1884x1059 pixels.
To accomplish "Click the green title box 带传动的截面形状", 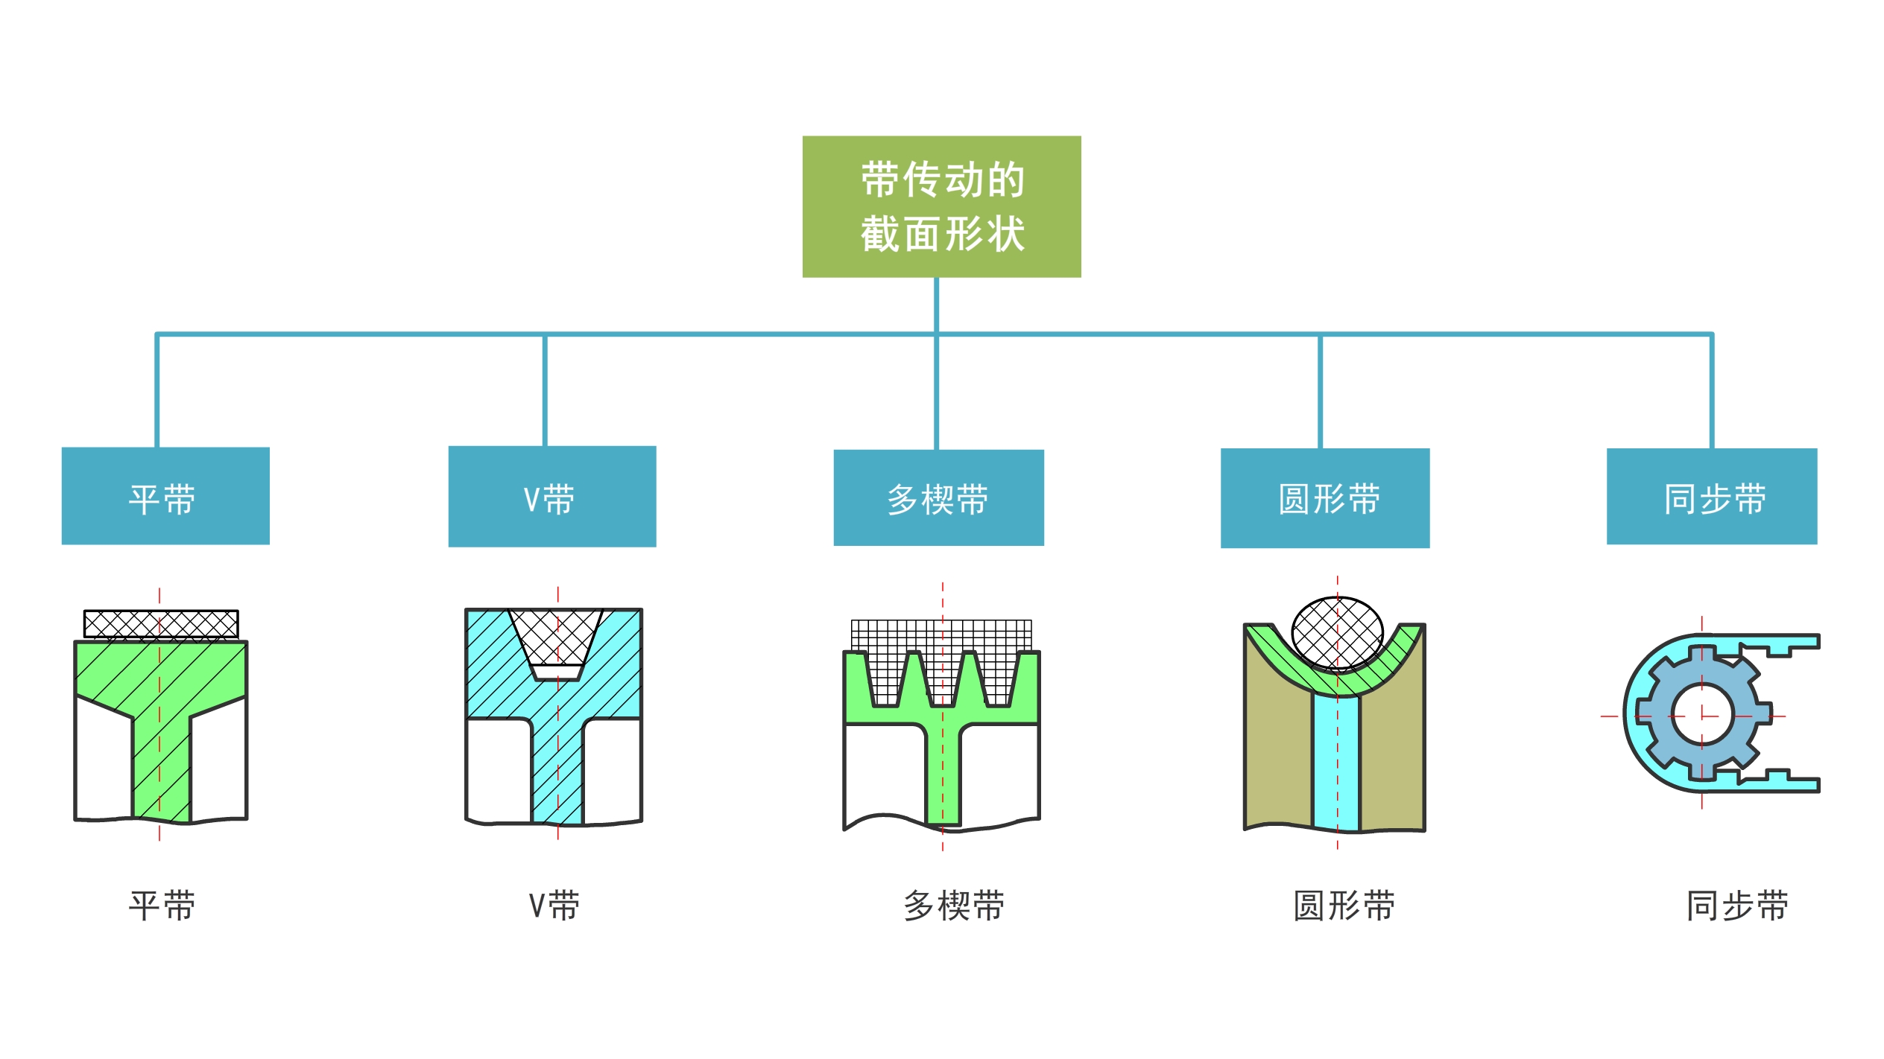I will pos(941,206).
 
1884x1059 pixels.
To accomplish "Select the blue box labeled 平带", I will pos(165,496).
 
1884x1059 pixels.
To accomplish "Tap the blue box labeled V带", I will pos(552,497).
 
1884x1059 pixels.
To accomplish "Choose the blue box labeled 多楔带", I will pos(938,497).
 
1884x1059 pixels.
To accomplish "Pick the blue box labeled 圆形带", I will pos(1325,498).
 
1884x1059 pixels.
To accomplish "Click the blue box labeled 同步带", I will pos(1712,497).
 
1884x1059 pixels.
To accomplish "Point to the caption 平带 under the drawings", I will pos(162,906).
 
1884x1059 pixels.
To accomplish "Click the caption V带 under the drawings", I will pos(554,906).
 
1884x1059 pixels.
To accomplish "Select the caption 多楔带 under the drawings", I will pos(954,906).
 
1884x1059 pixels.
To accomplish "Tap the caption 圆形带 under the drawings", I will pos(1344,906).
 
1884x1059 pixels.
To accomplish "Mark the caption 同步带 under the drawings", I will pos(1737,906).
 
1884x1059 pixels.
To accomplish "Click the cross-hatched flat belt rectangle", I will pos(161,624).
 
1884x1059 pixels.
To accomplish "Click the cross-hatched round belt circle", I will pos(1337,633).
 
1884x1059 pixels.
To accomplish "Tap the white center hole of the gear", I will pos(1702,716).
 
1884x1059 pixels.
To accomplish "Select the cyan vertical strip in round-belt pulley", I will pos(1336,763).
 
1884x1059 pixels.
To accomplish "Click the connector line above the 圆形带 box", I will pos(1320,391).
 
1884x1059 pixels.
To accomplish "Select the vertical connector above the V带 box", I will pos(545,390).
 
